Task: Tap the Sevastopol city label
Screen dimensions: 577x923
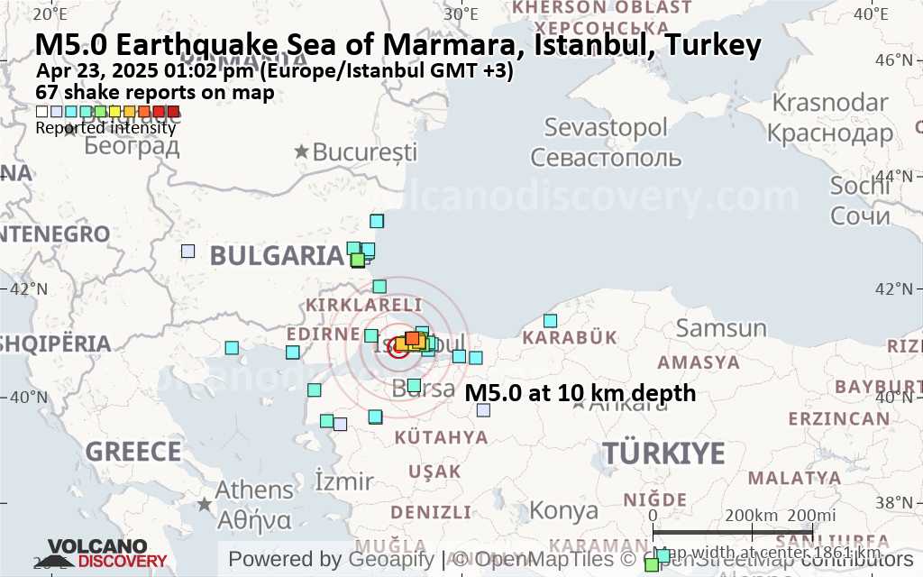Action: (606, 127)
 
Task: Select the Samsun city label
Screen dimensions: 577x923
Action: (721, 327)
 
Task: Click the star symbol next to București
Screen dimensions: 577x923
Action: (302, 151)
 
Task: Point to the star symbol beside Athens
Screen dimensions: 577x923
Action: (206, 504)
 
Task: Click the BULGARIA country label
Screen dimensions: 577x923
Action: (277, 255)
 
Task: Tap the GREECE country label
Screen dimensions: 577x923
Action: (133, 451)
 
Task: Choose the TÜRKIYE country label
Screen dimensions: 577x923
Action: (663, 453)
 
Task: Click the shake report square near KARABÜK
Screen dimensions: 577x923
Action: (550, 321)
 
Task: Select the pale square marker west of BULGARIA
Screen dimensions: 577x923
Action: (187, 252)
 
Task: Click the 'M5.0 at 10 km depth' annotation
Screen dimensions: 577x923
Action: (580, 393)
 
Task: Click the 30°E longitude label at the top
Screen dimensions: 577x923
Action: (461, 13)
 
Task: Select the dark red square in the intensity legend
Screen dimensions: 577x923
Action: (173, 112)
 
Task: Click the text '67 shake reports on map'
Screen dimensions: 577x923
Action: (154, 92)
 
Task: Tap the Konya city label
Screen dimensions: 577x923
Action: (562, 510)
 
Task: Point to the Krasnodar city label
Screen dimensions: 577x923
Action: (828, 101)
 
